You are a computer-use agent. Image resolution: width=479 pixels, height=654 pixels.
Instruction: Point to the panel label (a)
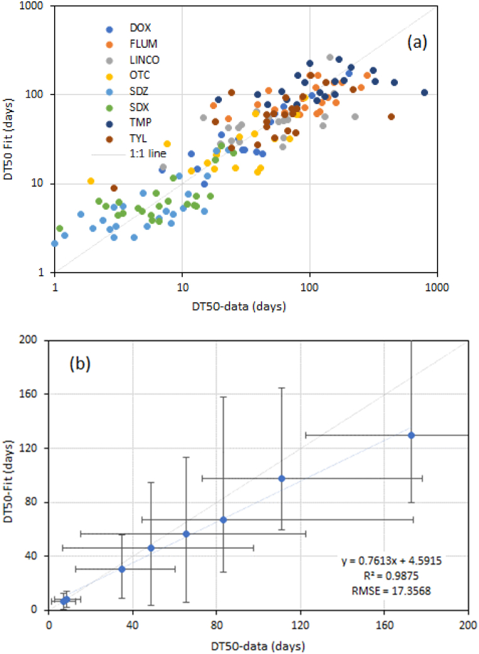[417, 42]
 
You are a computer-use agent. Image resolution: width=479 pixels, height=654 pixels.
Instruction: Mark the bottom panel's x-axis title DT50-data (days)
[258, 646]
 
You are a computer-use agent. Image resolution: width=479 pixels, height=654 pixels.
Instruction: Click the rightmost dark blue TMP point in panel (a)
[424, 93]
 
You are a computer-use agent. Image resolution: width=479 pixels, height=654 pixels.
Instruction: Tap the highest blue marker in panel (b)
[411, 435]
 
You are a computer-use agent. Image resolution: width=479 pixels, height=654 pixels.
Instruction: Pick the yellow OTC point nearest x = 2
[91, 181]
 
